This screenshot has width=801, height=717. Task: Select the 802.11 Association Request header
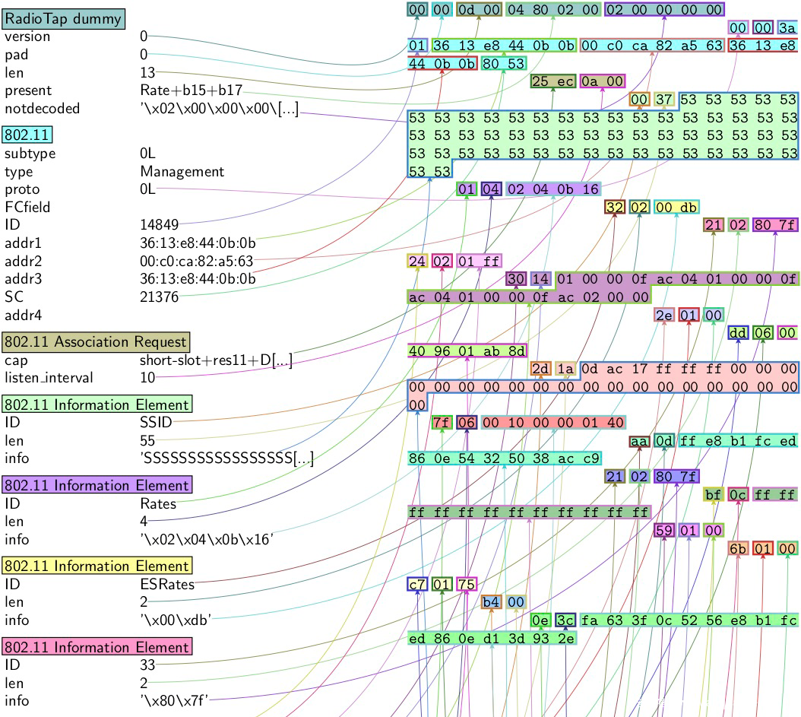click(97, 341)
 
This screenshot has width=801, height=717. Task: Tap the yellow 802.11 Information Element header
click(97, 566)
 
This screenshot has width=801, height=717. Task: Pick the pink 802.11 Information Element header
click(97, 647)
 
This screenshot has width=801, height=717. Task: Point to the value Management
click(182, 171)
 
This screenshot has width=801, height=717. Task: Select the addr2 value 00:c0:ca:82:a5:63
click(196, 262)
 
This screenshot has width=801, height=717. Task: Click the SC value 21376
click(159, 297)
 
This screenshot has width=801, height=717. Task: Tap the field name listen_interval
click(47, 378)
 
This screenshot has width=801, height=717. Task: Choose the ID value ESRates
click(167, 584)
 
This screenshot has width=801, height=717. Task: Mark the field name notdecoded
click(42, 109)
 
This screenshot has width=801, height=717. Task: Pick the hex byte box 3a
click(787, 27)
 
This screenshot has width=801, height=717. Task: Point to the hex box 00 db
click(676, 207)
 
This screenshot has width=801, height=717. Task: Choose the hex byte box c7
click(417, 585)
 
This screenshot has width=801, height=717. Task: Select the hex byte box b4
click(490, 602)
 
